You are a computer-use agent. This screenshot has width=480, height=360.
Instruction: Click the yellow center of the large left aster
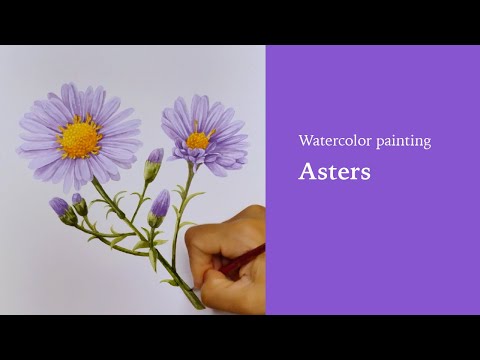pyautogui.click(x=81, y=138)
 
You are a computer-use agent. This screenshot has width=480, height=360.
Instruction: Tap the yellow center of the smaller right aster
pyautogui.click(x=198, y=139)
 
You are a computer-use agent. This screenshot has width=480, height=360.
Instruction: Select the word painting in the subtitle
pyautogui.click(x=403, y=142)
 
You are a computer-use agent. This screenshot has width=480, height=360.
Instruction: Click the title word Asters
pyautogui.click(x=334, y=171)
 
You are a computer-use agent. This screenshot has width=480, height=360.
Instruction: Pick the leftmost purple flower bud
pyautogui.click(x=59, y=206)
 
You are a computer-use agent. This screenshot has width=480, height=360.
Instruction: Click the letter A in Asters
pyautogui.click(x=306, y=171)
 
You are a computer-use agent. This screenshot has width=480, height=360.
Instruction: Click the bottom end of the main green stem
pyautogui.click(x=200, y=304)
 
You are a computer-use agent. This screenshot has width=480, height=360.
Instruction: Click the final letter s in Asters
pyautogui.click(x=365, y=173)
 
